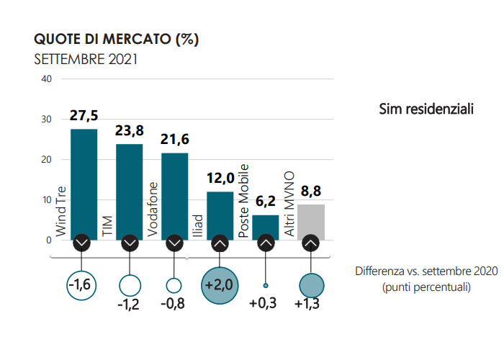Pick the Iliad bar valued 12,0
point(220,212)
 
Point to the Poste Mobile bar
point(265,225)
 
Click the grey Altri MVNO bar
point(310,220)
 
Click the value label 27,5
point(84,116)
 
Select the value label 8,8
point(310,192)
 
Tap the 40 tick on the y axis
point(46,78)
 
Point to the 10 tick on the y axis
point(46,199)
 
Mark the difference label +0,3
point(264,304)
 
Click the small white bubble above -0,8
point(174,285)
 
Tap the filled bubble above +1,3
point(310,285)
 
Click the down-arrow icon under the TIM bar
point(130,243)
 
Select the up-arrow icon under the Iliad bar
point(220,243)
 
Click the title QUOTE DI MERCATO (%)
point(117,39)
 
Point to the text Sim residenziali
point(426,109)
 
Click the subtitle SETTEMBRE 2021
point(86,58)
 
